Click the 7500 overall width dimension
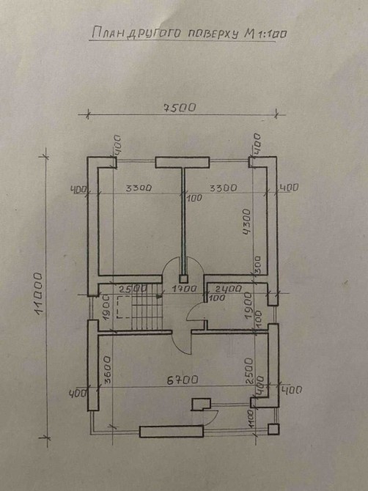[180, 108]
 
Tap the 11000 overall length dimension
[38, 294]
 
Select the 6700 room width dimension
[183, 380]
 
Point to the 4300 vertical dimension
[246, 222]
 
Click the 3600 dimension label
[107, 369]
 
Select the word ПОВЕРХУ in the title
[213, 34]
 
